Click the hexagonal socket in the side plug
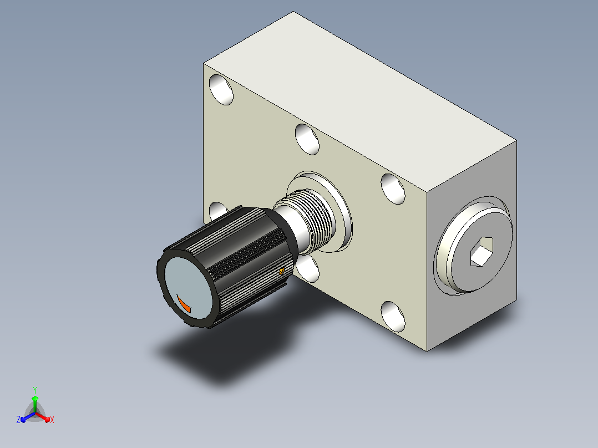(x=482, y=251)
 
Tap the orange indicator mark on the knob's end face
(x=184, y=304)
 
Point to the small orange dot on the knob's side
(x=281, y=271)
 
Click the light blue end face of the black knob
(x=187, y=288)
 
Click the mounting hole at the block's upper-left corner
(x=221, y=90)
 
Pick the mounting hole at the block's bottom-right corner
(x=393, y=317)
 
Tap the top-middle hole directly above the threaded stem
(x=307, y=139)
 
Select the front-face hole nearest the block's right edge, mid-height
(x=393, y=189)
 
